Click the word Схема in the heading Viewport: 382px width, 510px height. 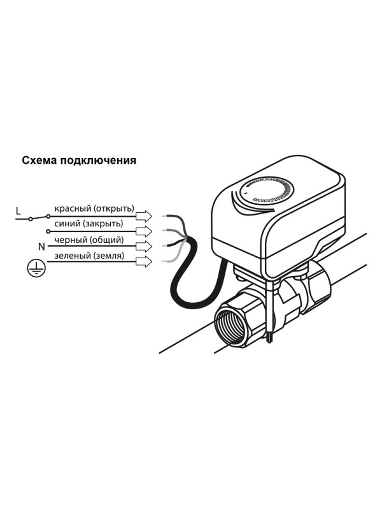click(x=39, y=161)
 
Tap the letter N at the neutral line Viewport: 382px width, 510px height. click(x=41, y=245)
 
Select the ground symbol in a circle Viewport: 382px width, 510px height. click(x=34, y=268)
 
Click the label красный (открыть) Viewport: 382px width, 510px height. click(x=94, y=208)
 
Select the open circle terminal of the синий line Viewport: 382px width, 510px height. click(x=48, y=232)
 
